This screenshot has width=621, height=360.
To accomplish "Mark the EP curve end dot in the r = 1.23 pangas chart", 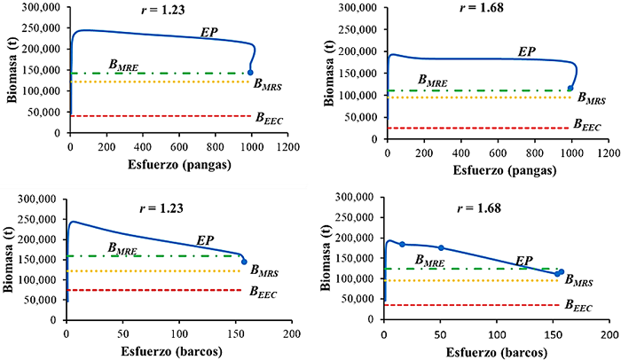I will (251, 73).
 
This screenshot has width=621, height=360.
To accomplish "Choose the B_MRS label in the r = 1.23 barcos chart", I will (263, 270).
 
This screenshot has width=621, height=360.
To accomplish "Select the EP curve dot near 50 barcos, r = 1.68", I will (441, 248).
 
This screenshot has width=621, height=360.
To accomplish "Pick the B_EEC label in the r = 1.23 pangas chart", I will (270, 115).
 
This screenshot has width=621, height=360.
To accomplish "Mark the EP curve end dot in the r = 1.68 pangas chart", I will (570, 89).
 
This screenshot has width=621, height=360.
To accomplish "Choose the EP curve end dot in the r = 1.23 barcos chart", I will (244, 262).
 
